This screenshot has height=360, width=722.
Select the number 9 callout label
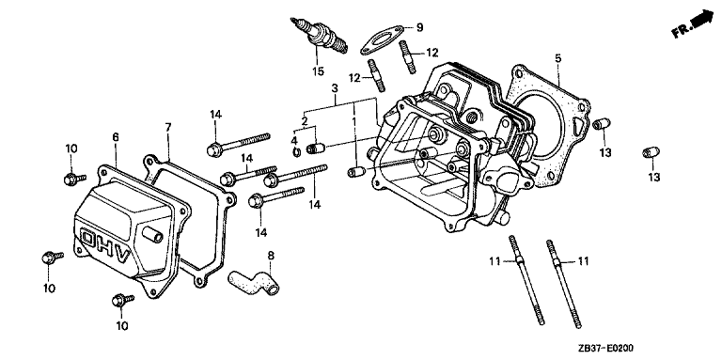(x=419, y=27)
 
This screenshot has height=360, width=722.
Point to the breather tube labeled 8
(x=254, y=281)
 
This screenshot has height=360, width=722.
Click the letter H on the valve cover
(x=104, y=245)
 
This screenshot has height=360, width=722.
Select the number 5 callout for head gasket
(x=557, y=58)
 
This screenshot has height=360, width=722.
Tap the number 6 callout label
(x=115, y=136)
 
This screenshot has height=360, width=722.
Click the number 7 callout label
(x=168, y=128)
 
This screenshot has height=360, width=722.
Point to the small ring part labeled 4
(x=297, y=151)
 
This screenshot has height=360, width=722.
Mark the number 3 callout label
(x=335, y=87)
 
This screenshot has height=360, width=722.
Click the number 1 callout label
(x=353, y=121)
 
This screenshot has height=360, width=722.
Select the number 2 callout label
(x=305, y=122)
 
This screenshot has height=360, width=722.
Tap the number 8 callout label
(x=271, y=255)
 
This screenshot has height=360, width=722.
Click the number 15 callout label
(x=318, y=71)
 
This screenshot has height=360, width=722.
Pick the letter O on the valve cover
(x=87, y=236)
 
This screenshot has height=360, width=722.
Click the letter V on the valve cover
(x=122, y=257)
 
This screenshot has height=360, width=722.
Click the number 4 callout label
(x=294, y=139)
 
